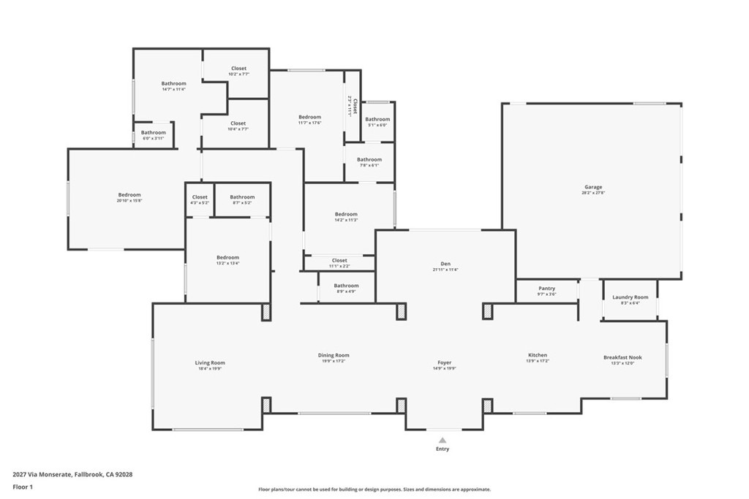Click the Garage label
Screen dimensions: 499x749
pos(592,187)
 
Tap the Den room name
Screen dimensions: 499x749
pos(445,264)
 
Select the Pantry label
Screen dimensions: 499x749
pos(546,289)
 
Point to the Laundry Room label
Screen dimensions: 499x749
pos(630,297)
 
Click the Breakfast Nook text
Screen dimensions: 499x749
pos(622,357)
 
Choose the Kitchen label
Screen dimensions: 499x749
pos(538,355)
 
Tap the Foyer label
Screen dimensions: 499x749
pos(444,362)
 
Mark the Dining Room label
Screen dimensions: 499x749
pos(334,355)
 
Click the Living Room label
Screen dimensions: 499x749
pos(210,362)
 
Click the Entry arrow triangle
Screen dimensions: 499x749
pos(443,440)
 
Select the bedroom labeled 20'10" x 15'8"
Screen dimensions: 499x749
pos(129,195)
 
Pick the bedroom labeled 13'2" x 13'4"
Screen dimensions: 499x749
pos(227,257)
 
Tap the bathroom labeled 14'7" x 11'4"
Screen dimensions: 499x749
pos(173,83)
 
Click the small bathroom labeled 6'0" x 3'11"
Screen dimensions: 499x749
pos(154,133)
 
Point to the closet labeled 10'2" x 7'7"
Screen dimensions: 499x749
pos(238,69)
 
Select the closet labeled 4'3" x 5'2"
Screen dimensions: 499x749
pos(200,197)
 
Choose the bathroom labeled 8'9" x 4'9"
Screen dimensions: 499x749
pos(346,286)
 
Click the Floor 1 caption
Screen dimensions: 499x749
pos(23,487)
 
